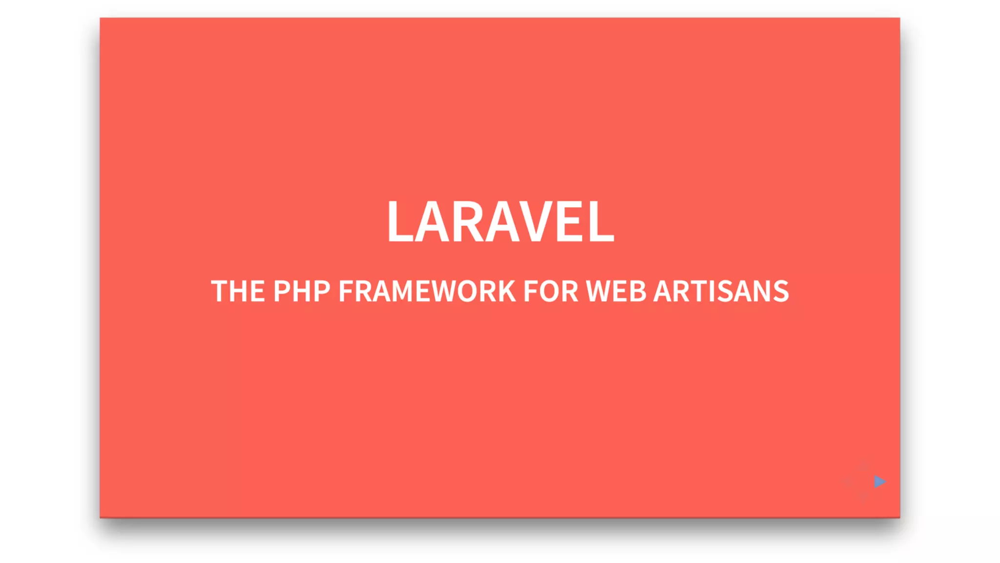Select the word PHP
pos(302,291)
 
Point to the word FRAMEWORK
pos(427,291)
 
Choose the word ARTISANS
pos(721,291)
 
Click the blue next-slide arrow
pos(879,481)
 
